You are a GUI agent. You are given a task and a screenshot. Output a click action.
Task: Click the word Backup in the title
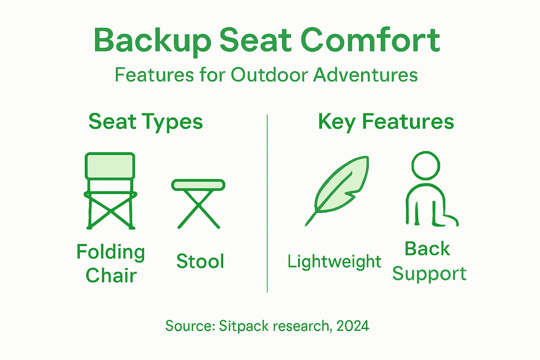click(x=152, y=40)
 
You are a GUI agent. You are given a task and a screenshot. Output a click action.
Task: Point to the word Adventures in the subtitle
click(x=365, y=75)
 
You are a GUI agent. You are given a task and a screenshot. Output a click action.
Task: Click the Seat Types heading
click(x=146, y=122)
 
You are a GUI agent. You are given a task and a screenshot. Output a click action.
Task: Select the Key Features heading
click(x=386, y=122)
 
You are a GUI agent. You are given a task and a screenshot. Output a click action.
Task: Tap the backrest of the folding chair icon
click(x=110, y=166)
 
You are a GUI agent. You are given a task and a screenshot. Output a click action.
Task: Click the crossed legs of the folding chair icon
click(x=111, y=211)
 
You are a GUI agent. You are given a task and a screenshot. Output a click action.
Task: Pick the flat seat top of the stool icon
click(x=198, y=185)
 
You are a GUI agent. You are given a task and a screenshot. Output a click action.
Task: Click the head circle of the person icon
click(x=426, y=166)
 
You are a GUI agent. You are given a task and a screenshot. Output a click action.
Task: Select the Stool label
click(x=200, y=261)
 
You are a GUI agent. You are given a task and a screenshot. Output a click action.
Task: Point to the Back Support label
click(x=429, y=261)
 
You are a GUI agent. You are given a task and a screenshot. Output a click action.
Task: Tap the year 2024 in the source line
click(x=353, y=326)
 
